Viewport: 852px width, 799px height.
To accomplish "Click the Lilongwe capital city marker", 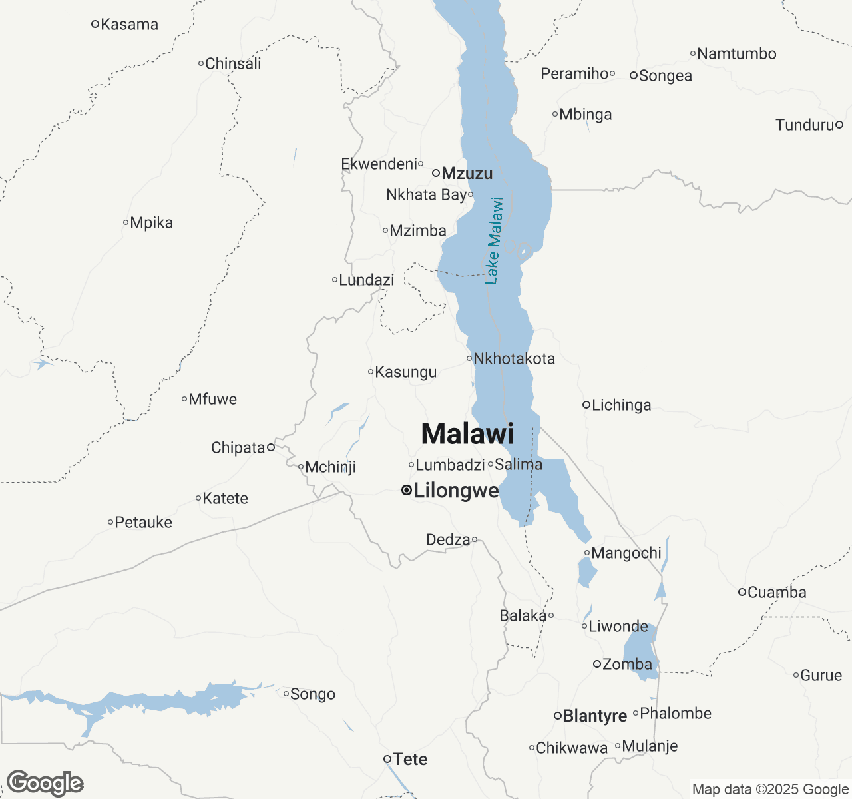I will point(406,491).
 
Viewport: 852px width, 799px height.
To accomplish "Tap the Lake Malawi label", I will point(494,240).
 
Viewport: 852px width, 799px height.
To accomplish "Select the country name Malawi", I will point(468,434).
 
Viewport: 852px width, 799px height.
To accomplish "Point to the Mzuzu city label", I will point(467,174).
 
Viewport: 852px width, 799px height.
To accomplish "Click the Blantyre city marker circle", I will point(558,716).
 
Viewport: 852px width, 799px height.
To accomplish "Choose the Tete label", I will point(410,759).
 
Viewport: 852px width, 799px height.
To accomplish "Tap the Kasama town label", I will point(130,25).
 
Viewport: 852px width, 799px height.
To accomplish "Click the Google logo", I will point(45,783).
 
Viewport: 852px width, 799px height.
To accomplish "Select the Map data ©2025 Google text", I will point(770,790).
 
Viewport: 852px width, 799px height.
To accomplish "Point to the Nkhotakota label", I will point(514,359).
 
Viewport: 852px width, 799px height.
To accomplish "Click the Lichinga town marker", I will point(586,405).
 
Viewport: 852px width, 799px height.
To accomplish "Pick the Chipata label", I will point(238,448).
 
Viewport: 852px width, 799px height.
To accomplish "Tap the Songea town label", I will point(666,76).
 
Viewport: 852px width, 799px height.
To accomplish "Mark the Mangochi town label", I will point(626,553).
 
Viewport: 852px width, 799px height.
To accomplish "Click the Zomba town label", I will point(627,665).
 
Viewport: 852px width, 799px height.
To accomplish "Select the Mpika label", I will point(152,223).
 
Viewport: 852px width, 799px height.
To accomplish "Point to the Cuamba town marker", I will point(742,592).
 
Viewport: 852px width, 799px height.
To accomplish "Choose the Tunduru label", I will point(805,125).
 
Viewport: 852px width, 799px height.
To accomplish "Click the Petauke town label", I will point(144,523).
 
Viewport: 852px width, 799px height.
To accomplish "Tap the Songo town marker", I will point(286,694).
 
